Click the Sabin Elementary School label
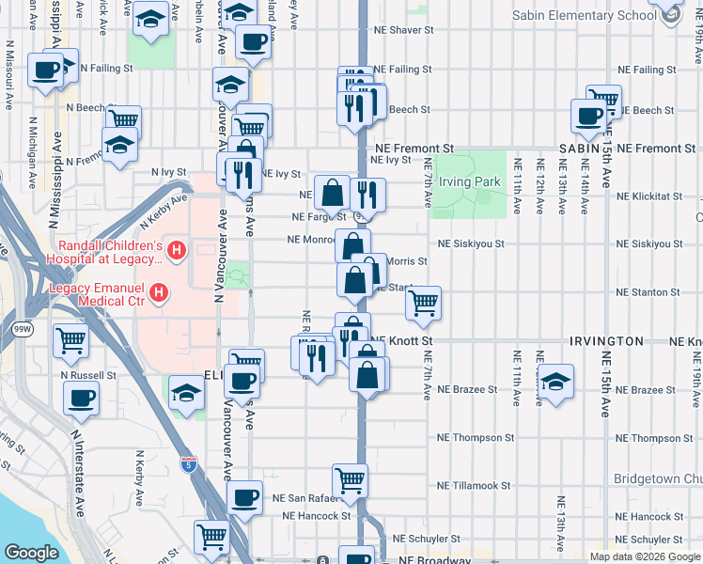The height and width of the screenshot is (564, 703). coord(584,16)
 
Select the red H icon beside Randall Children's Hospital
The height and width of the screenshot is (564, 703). coord(177,251)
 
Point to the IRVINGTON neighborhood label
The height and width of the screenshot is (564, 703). coord(605,341)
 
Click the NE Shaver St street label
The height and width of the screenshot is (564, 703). coord(402,30)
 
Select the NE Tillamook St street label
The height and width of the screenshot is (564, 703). coord(474,486)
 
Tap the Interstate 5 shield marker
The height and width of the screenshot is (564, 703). coord(188,463)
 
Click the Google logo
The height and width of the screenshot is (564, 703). coord(31,553)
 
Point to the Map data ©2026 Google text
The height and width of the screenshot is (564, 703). coord(644,556)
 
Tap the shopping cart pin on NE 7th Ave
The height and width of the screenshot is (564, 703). coord(424,302)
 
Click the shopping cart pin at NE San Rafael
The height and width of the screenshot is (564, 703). coord(351,480)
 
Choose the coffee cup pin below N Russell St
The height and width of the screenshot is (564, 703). coord(81,396)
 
